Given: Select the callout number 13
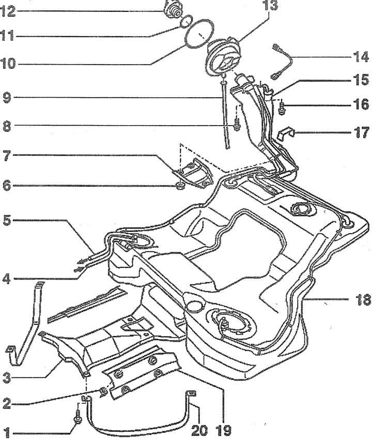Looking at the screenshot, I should coord(270,7).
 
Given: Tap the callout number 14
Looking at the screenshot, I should coord(361,56).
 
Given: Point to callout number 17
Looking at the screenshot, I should coord(361,131).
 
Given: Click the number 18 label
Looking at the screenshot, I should coord(362,299).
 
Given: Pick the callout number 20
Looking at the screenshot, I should coord(198,429).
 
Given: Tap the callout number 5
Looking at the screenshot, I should coord(6,221).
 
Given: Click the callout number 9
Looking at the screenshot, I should coord(6,98).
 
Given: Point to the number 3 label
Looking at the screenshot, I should coord(6,378).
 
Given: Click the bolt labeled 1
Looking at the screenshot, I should coord(78,417).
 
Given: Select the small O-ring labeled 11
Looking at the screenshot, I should coord(188,21).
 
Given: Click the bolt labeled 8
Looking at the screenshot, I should coord(237,125).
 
